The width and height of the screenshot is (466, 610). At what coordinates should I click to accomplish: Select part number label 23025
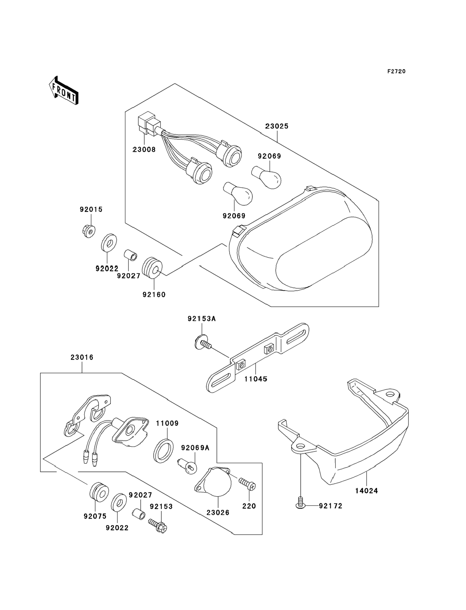(277, 126)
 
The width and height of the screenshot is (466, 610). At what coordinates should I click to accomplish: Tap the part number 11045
(255, 379)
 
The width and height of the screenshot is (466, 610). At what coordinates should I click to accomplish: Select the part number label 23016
(82, 357)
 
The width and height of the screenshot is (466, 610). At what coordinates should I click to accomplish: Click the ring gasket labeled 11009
(163, 451)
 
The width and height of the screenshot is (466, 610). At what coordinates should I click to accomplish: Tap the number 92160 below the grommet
(154, 294)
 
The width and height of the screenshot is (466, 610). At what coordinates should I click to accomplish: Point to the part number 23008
(144, 150)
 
